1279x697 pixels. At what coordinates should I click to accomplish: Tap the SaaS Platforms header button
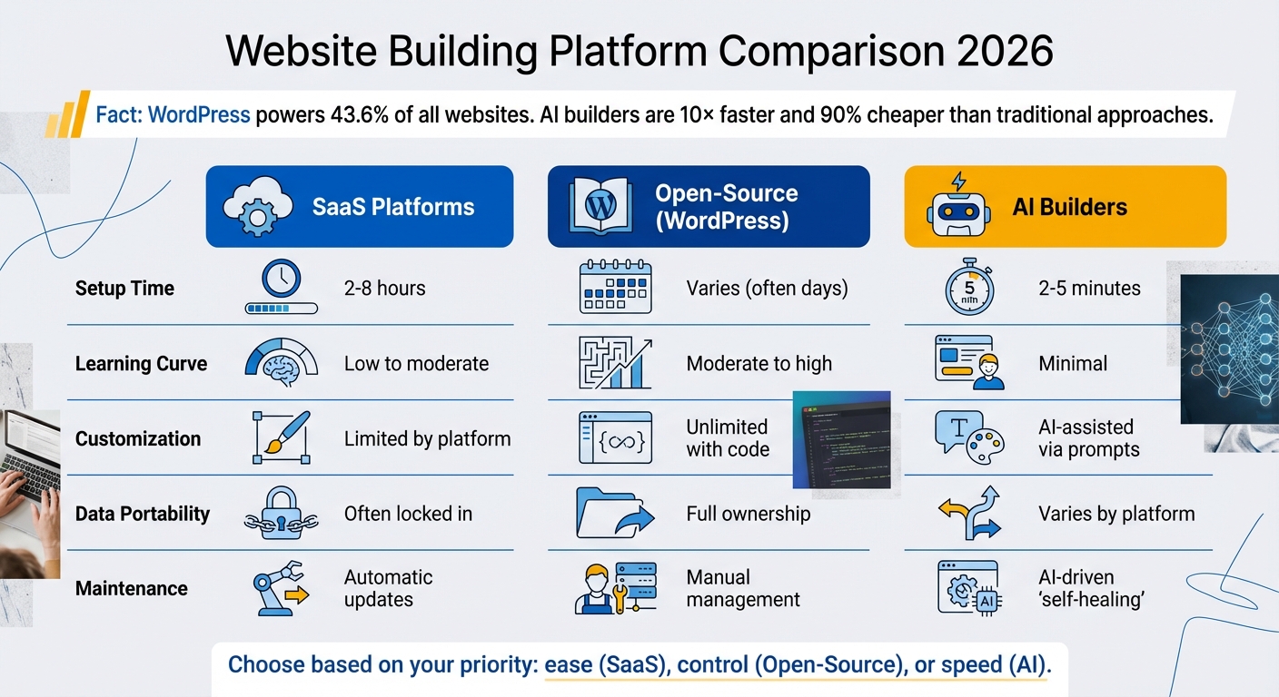point(360,206)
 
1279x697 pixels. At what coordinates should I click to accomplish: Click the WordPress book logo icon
point(600,206)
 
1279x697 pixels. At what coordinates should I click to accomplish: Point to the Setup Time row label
point(124,289)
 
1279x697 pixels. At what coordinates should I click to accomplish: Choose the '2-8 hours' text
point(384,289)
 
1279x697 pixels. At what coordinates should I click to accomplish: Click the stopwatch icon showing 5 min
point(964,287)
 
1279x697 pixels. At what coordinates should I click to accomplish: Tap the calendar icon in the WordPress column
point(615,289)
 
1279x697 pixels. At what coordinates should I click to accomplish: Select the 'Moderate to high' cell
point(758,364)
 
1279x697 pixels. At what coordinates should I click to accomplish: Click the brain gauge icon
point(281,363)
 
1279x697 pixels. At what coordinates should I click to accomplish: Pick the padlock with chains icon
point(281,514)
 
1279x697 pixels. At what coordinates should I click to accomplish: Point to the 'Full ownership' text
point(748,514)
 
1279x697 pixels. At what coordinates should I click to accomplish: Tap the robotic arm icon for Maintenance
point(280,588)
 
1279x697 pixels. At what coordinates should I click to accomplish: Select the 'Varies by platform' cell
point(1116,514)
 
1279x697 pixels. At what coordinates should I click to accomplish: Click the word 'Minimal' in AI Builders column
point(1073,364)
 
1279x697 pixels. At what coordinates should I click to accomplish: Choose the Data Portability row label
point(143,514)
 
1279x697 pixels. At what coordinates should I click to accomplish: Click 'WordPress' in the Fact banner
point(199,115)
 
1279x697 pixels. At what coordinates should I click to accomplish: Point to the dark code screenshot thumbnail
point(841,439)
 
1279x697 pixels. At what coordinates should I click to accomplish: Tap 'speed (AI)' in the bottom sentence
point(1001,664)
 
